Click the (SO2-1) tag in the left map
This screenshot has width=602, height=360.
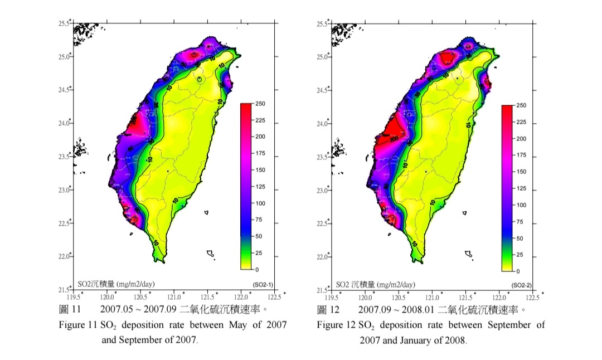[261, 284]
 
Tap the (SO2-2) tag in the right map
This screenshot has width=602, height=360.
[521, 285]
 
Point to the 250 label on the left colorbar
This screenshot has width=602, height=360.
[261, 104]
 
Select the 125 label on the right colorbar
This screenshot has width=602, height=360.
[522, 188]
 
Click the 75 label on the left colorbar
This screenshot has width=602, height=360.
[259, 220]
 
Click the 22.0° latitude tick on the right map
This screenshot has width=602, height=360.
[323, 257]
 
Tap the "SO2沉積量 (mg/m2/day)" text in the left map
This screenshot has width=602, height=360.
[115, 284]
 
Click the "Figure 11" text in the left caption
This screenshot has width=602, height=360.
[78, 325]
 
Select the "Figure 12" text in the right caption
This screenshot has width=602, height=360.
[336, 325]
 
